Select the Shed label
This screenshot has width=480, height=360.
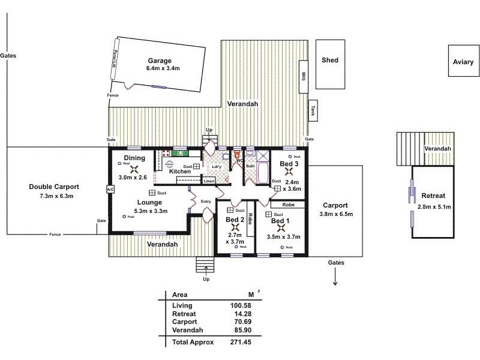point(330,60)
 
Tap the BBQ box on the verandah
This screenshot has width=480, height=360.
point(304,76)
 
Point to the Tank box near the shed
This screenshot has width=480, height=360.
point(313,110)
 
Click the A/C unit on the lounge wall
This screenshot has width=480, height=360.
point(110,189)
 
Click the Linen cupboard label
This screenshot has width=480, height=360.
point(209,181)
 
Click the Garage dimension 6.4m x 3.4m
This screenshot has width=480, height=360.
point(163,69)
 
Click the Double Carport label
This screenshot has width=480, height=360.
point(54,187)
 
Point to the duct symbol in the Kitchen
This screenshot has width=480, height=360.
point(197,166)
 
